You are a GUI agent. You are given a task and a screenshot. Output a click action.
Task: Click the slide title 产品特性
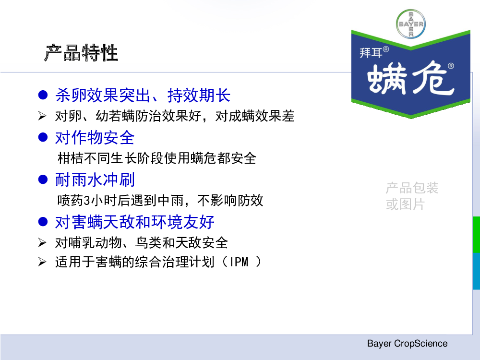tap(82, 53)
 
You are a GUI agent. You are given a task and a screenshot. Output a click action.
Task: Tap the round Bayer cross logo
tap(411, 24)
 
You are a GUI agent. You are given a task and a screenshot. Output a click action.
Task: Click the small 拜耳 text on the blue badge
tap(371, 53)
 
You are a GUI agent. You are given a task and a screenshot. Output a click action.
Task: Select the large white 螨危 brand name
tap(410, 79)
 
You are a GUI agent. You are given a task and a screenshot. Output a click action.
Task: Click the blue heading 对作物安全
tap(95, 137)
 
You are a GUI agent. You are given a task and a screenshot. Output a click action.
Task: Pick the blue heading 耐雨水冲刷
tap(95, 180)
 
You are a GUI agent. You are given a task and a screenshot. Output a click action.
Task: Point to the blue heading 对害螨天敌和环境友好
tap(134, 222)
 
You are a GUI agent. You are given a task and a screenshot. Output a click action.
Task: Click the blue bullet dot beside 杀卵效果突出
tap(43, 95)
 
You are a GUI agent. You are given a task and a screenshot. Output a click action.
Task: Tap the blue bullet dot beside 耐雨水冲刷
tap(43, 180)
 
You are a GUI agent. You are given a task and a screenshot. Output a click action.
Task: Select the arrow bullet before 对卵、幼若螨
tap(42, 116)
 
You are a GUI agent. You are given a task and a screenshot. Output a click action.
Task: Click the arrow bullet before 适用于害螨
tap(42, 262)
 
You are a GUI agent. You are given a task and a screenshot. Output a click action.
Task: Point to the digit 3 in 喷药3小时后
tap(87, 201)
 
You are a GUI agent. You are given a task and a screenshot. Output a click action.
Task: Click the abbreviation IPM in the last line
tap(239, 262)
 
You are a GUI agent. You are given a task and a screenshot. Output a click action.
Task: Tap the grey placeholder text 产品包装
tap(412, 188)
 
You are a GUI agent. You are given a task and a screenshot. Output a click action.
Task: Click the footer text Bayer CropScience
tap(407, 344)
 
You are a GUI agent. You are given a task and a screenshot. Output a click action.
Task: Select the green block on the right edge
tap(476, 235)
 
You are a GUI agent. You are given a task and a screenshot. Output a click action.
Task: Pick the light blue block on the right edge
tap(476, 271)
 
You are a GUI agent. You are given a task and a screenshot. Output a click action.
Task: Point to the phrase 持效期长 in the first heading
tap(199, 95)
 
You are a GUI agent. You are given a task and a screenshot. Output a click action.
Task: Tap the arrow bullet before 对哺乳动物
tap(42, 243)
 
